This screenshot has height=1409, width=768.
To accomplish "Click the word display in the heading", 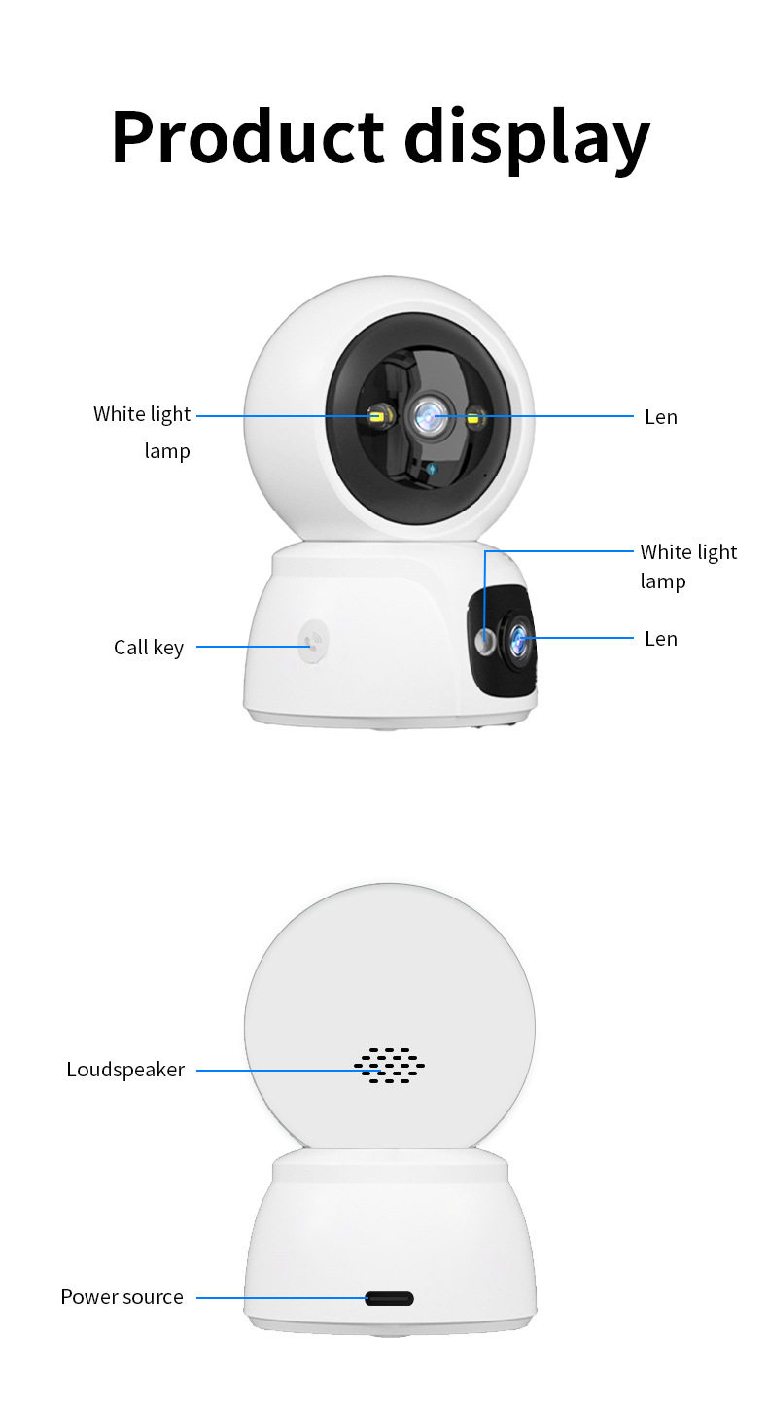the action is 526,138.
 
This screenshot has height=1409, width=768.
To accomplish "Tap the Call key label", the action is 148,648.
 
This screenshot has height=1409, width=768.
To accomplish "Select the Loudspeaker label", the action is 125,1071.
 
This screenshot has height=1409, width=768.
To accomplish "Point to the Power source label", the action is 122,1297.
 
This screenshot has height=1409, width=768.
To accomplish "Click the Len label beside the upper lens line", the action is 660,417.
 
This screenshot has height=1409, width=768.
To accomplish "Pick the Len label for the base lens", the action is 660,639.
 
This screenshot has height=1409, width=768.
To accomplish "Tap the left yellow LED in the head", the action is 377,418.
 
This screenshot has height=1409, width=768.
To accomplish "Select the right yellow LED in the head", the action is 475,419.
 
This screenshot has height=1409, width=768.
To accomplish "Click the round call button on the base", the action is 312,642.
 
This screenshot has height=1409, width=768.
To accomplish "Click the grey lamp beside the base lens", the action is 483,642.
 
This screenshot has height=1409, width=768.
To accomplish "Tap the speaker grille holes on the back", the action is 389,1066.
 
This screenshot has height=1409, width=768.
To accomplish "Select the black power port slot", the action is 389,1298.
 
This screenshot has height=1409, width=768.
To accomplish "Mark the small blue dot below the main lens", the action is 433,470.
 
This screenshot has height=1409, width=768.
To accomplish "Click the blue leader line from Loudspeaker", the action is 272,1071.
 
